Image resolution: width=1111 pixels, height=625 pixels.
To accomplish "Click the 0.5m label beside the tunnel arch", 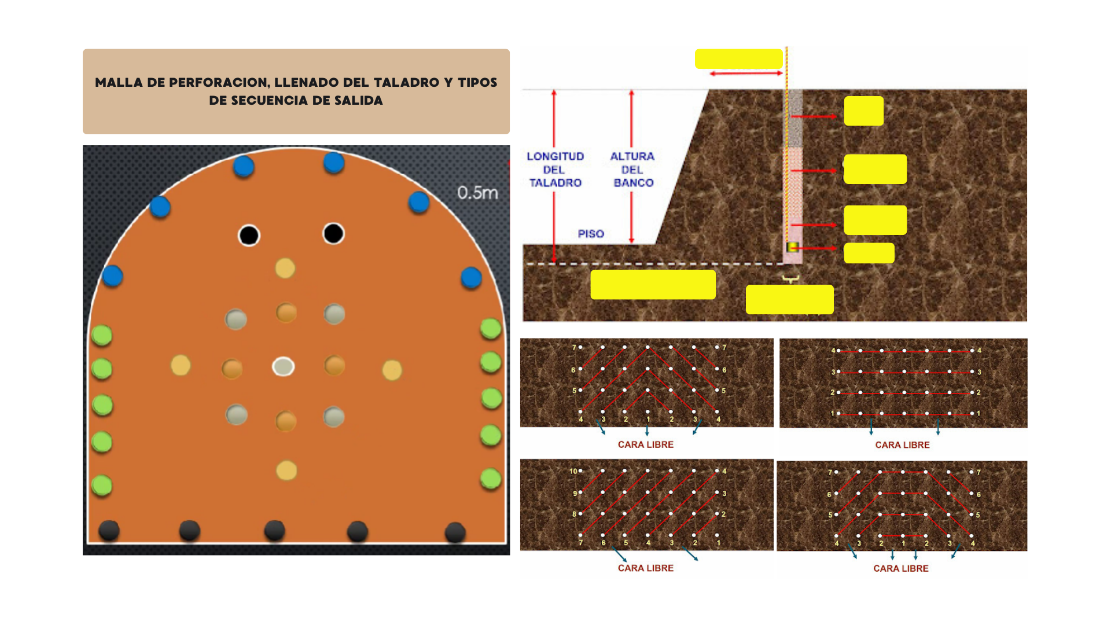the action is [477, 193].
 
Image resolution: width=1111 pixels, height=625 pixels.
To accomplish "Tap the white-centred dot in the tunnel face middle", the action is [284, 366].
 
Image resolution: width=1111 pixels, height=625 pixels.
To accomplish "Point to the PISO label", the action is [591, 234].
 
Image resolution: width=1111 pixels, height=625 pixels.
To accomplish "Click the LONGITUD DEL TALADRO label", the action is [555, 170].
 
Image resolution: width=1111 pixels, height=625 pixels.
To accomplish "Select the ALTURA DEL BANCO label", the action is [632, 170].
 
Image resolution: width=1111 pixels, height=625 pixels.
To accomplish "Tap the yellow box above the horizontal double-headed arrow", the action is [739, 59].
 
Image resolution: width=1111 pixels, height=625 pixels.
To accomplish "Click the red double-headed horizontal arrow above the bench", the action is [746, 73].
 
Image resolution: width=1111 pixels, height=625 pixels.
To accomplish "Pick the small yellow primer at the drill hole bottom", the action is [792, 247].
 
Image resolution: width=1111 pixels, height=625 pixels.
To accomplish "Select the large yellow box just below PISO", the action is [653, 285].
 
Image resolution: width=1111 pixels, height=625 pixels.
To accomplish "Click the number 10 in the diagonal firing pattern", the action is [573, 471].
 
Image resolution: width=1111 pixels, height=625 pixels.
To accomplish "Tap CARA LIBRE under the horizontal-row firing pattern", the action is [902, 445].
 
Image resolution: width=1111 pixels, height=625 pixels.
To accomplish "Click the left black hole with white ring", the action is [249, 236].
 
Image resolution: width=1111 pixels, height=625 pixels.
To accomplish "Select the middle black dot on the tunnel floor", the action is [274, 531].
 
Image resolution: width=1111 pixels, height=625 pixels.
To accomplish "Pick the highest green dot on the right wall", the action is [491, 329].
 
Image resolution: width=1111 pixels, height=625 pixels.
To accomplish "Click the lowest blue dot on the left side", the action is [112, 276].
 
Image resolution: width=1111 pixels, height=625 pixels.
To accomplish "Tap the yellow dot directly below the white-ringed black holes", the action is [285, 269].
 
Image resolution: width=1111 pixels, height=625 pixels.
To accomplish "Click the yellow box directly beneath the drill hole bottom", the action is [790, 299].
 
